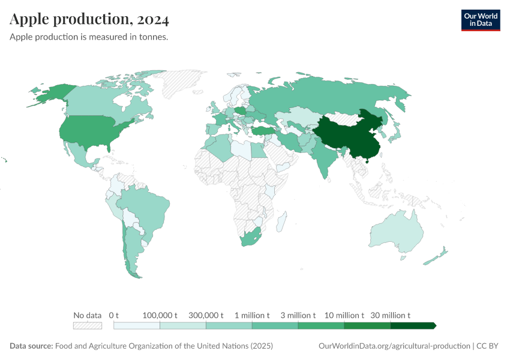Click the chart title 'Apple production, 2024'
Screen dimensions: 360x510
(x=89, y=19)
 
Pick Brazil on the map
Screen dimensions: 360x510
(x=147, y=210)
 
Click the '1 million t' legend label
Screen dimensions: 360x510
(x=252, y=315)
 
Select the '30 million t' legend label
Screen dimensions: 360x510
(x=391, y=315)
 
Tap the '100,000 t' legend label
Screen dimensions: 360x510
(x=160, y=315)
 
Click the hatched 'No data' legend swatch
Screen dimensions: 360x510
(x=87, y=325)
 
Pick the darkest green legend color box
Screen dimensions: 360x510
(x=412, y=325)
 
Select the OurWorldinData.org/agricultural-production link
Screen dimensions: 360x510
(x=394, y=346)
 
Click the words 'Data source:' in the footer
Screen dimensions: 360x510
(x=31, y=346)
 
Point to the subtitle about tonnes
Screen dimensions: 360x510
(x=88, y=37)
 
